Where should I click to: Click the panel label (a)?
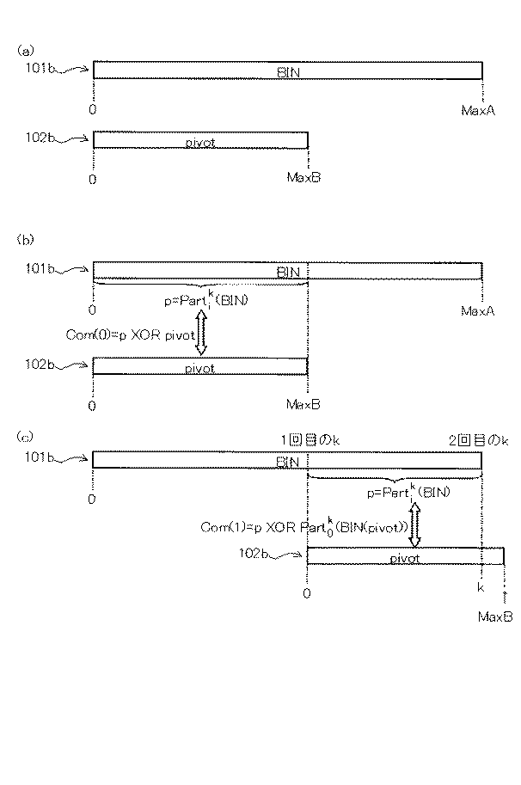coord(25,51)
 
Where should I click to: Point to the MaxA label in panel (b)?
coord(478,310)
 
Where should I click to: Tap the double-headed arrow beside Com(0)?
coord(201,333)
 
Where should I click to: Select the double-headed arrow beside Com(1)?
coord(414,524)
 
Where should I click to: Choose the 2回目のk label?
coord(478,439)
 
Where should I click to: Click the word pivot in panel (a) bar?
coord(199,139)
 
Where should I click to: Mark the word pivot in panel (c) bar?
coord(404,558)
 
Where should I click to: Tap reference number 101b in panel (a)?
coord(42,65)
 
